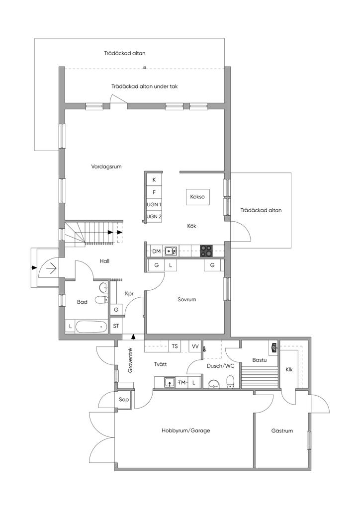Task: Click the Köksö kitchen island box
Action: coord(197,197)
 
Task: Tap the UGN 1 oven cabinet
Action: coord(154,204)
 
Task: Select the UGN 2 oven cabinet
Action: coord(154,217)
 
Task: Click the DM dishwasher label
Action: coord(157,251)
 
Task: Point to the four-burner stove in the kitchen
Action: coord(206,251)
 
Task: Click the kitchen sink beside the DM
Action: coord(171,251)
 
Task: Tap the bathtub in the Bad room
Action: coord(91,327)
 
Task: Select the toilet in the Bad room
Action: coord(102,300)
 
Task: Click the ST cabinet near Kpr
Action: coord(116,326)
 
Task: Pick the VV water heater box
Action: coord(195,346)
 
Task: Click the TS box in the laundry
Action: coord(175,346)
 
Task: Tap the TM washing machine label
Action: coord(182,383)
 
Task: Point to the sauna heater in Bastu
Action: coord(274,347)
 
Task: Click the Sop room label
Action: coord(124,400)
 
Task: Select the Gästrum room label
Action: coord(282,431)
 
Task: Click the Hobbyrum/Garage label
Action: coord(185,431)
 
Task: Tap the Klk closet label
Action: coord(289,369)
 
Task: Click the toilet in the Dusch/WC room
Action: coord(230,381)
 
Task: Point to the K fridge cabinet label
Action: coord(154,180)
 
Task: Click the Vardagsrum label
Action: coord(106,167)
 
